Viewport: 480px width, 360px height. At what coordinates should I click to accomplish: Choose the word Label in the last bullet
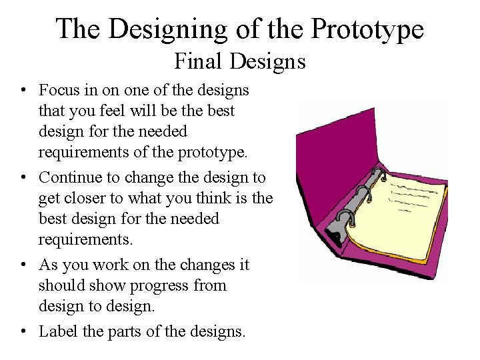click(58, 331)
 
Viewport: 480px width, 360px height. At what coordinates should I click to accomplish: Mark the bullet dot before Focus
click(23, 90)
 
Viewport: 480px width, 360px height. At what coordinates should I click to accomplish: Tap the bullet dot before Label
click(23, 331)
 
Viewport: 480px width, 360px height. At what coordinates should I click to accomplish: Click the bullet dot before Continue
click(23, 178)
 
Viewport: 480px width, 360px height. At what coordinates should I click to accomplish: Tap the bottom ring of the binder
click(344, 219)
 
